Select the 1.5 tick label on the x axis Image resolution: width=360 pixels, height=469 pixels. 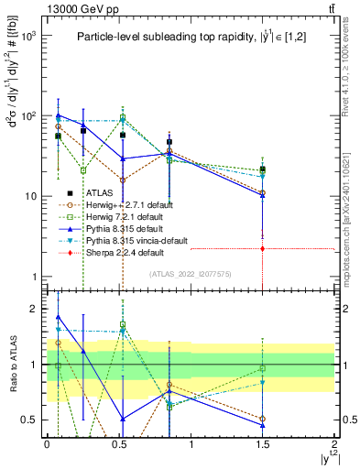point(263,444)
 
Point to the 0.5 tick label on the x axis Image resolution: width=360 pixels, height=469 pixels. point(118,444)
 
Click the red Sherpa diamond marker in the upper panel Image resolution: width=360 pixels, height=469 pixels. point(263,248)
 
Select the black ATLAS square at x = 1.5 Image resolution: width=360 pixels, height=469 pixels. point(263,169)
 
